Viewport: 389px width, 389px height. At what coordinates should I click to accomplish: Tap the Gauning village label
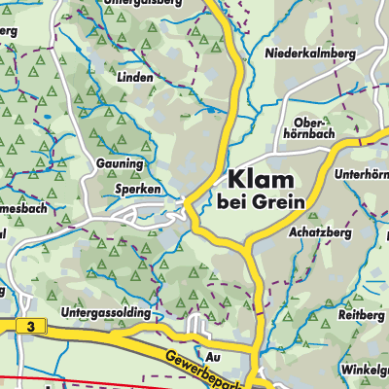tap(120, 164)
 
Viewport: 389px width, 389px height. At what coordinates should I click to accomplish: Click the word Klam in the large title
tap(262, 178)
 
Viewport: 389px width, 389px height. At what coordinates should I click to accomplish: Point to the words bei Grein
tap(261, 201)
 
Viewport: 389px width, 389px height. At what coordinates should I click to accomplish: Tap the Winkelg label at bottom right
tap(364, 370)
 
